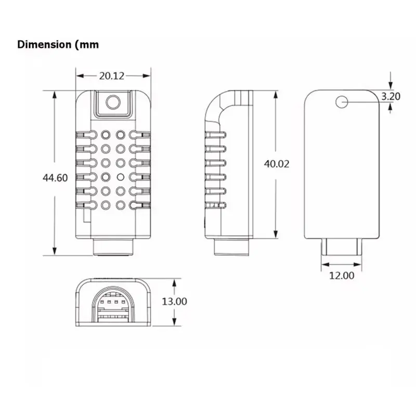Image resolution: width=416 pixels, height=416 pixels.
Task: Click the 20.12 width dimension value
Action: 112,76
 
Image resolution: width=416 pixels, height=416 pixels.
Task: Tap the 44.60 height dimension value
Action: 55,178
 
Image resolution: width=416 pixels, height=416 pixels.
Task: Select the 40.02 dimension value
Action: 277,164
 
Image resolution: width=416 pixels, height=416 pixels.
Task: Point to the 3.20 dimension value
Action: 391,96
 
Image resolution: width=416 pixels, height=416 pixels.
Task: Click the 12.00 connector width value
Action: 342,276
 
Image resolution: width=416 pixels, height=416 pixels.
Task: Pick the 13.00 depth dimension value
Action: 174,302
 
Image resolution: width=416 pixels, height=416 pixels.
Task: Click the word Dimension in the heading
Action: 44,44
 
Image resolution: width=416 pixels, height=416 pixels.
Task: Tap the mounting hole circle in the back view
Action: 342,102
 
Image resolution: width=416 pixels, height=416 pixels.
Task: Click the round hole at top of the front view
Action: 113,102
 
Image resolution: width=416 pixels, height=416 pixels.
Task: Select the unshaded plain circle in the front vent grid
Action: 121,177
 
